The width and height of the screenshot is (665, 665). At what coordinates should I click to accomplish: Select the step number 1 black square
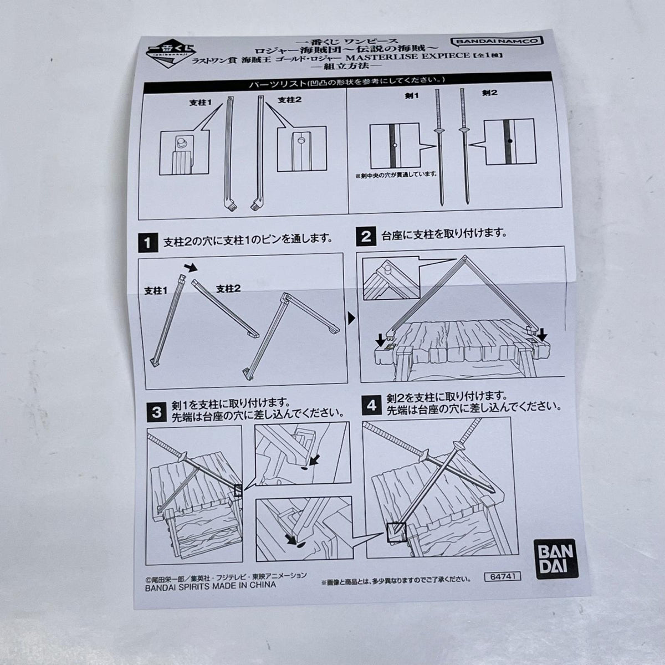tap(147, 243)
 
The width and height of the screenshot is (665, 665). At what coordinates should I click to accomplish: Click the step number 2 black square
tap(365, 237)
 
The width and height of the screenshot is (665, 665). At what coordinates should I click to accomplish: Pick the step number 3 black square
tap(156, 412)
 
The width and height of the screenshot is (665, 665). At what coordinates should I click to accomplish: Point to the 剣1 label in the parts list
tap(411, 95)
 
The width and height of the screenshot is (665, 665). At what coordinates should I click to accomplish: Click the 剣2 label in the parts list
tap(489, 93)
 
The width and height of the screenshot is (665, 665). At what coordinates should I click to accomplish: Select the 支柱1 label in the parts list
tap(200, 103)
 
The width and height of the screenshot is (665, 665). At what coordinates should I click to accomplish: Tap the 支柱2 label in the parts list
tap(289, 100)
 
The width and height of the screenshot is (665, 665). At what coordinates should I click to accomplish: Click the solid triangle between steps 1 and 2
tap(352, 318)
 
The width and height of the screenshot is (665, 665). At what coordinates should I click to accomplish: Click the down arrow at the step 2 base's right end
tap(543, 334)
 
